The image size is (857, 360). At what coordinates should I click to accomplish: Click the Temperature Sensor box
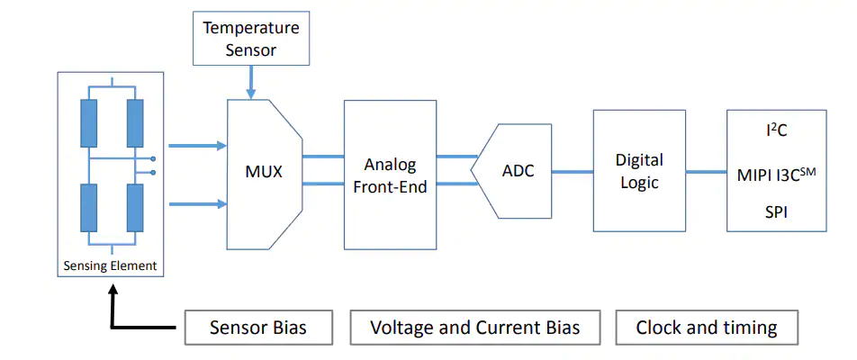(251, 38)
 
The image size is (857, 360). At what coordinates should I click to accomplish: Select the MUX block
(265, 175)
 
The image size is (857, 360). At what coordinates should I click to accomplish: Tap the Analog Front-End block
(391, 175)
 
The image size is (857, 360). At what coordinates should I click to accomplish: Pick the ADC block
(511, 171)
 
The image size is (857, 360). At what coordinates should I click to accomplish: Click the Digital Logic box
(639, 170)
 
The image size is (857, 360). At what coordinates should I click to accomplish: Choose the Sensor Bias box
(258, 328)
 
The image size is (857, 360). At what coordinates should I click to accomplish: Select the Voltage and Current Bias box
(475, 328)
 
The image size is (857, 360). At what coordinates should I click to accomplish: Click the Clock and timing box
(707, 328)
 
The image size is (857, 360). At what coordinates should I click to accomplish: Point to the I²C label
(776, 130)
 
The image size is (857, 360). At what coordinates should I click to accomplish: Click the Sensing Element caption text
(110, 266)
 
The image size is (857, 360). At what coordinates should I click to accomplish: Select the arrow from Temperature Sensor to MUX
(251, 83)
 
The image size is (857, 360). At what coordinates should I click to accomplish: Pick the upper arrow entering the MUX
(197, 146)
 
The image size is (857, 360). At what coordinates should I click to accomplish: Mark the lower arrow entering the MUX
(197, 204)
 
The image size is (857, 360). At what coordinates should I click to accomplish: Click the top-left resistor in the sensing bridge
(88, 123)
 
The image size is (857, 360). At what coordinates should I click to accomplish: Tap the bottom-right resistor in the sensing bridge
(135, 208)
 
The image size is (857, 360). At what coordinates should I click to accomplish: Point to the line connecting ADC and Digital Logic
(573, 172)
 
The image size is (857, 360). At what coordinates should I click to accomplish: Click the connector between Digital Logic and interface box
(706, 172)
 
